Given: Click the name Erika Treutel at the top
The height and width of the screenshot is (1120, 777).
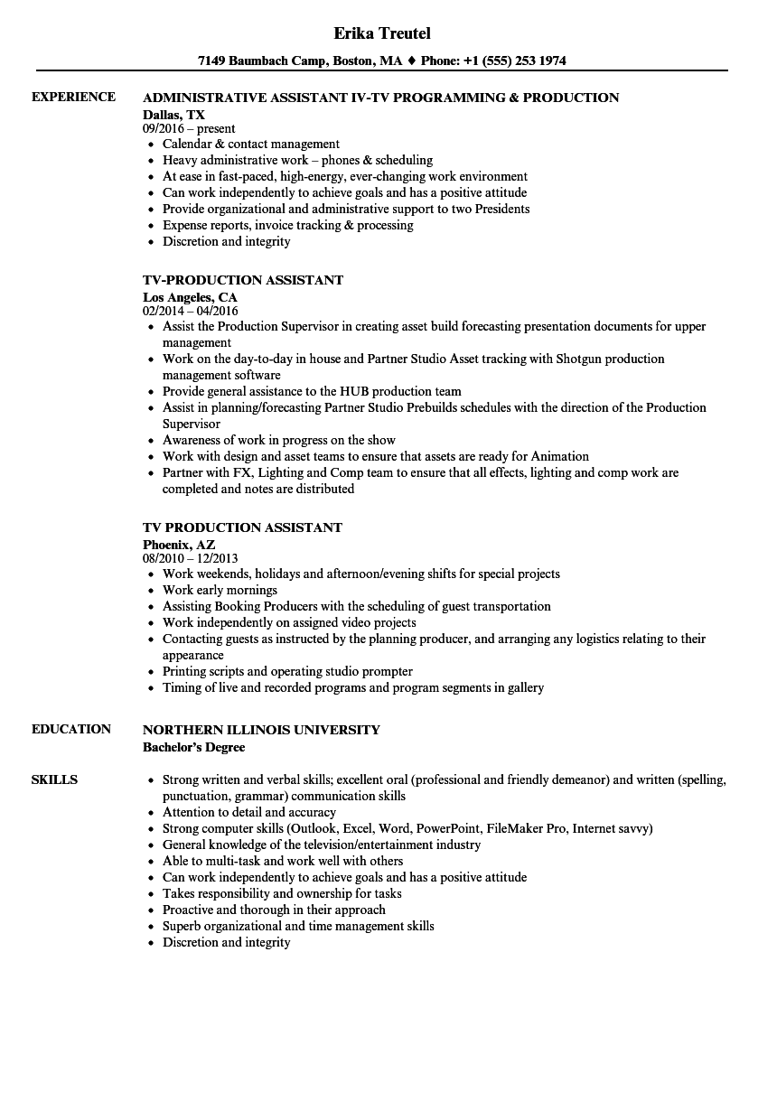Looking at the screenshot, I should tap(382, 33).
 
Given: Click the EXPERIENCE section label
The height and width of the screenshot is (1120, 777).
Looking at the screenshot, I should tap(73, 97).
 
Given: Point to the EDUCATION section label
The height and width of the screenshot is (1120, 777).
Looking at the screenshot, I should tap(71, 729).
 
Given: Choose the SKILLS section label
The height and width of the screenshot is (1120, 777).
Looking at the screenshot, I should tap(54, 779).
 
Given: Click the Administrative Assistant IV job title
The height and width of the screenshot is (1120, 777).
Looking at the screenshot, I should tap(380, 98).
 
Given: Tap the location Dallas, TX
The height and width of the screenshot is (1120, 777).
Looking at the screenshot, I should tap(173, 115).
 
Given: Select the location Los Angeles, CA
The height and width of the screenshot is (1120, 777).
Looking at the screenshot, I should tap(190, 297).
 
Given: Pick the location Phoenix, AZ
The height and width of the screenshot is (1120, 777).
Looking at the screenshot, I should tap(179, 545).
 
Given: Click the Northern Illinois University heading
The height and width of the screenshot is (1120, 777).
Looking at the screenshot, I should tap(261, 730).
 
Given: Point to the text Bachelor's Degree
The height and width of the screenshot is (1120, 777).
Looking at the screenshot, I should tap(193, 747).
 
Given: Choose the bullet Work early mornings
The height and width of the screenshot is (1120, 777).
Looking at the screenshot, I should tap(220, 590).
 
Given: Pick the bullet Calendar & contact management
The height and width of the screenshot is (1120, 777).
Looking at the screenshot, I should tap(250, 144).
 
